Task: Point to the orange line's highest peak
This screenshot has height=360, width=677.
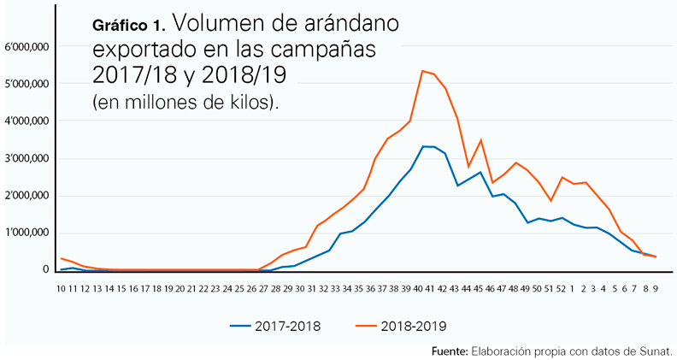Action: click(423, 71)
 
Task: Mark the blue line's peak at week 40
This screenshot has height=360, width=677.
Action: click(424, 147)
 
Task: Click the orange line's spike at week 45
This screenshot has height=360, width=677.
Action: click(481, 139)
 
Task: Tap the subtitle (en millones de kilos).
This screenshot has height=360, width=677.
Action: click(185, 102)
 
